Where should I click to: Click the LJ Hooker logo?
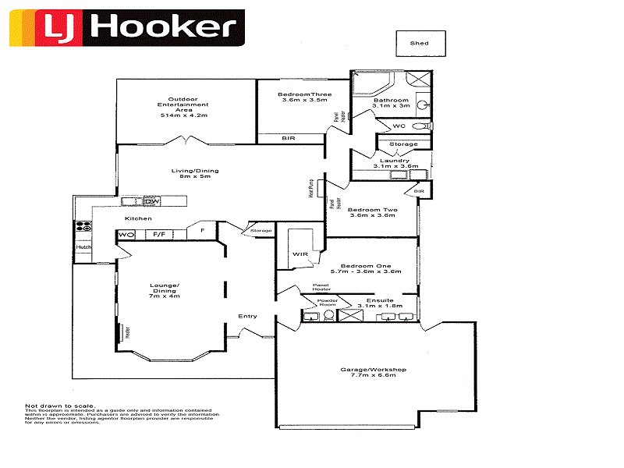(126, 29)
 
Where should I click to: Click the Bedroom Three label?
(303, 97)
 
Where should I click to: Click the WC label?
(398, 126)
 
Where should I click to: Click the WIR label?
(300, 254)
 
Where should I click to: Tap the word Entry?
(247, 316)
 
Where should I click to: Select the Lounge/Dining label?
(165, 289)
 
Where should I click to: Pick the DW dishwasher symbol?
(151, 202)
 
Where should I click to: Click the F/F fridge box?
(158, 234)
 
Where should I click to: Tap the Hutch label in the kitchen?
(83, 248)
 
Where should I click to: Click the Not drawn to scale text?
(60, 406)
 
